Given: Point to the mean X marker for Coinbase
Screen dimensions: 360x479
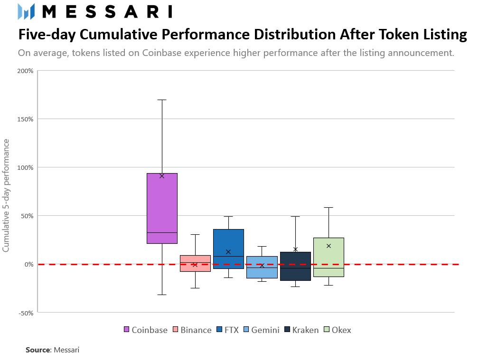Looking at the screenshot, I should coord(162,175).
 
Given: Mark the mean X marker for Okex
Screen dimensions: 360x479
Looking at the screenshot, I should coord(329,246).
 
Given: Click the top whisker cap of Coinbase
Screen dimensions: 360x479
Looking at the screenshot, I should coord(162,100).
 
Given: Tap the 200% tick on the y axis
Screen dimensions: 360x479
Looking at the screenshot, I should coord(25,71).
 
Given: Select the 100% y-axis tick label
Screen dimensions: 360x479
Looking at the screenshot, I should coord(25,167).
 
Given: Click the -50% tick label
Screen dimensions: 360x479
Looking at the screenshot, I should coord(25,313).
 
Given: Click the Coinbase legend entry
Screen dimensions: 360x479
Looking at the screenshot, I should coord(145,330).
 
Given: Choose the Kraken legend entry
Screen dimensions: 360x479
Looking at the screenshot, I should coord(301,330).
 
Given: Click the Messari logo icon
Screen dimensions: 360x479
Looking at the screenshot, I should coord(26,11).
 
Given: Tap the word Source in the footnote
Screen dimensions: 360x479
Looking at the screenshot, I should coord(38,350).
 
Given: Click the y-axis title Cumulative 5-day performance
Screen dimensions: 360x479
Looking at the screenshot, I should coord(6,195).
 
